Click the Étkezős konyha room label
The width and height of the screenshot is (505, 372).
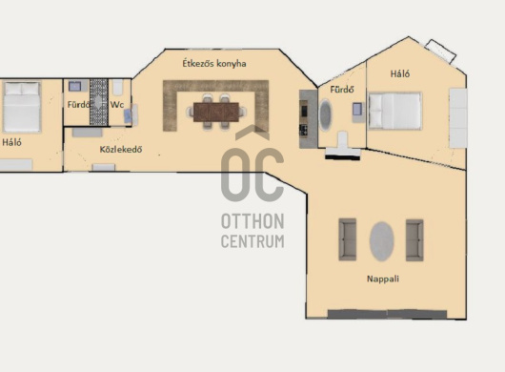tap(214, 63)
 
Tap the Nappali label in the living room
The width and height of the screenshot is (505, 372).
tap(383, 279)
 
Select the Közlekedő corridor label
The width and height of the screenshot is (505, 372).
tap(121, 149)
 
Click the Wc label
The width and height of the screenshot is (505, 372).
tap(117, 104)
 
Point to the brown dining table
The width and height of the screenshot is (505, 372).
tap(216, 112)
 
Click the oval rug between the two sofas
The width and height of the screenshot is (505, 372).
tap(382, 241)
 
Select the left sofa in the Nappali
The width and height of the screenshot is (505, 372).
tap(348, 239)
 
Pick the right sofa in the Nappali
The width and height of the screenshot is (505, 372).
tap(414, 240)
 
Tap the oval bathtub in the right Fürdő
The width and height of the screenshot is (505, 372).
tap(325, 115)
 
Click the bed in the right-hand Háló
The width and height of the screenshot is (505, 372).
tap(394, 111)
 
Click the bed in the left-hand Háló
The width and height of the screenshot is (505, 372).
tap(22, 107)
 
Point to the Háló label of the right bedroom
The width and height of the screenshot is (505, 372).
tap(400, 73)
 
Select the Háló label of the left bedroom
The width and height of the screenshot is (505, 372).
tap(12, 142)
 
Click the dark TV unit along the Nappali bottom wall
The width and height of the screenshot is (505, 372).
tap(387, 314)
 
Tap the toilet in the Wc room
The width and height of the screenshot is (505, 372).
tap(117, 87)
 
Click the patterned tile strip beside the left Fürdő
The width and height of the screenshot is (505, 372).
tap(98, 102)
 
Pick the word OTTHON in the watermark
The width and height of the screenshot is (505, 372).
tap(252, 221)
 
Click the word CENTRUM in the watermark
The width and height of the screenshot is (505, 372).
tap(252, 241)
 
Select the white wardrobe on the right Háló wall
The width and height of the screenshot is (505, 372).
tap(458, 118)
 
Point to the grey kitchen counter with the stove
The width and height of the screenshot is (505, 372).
tap(308, 119)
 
